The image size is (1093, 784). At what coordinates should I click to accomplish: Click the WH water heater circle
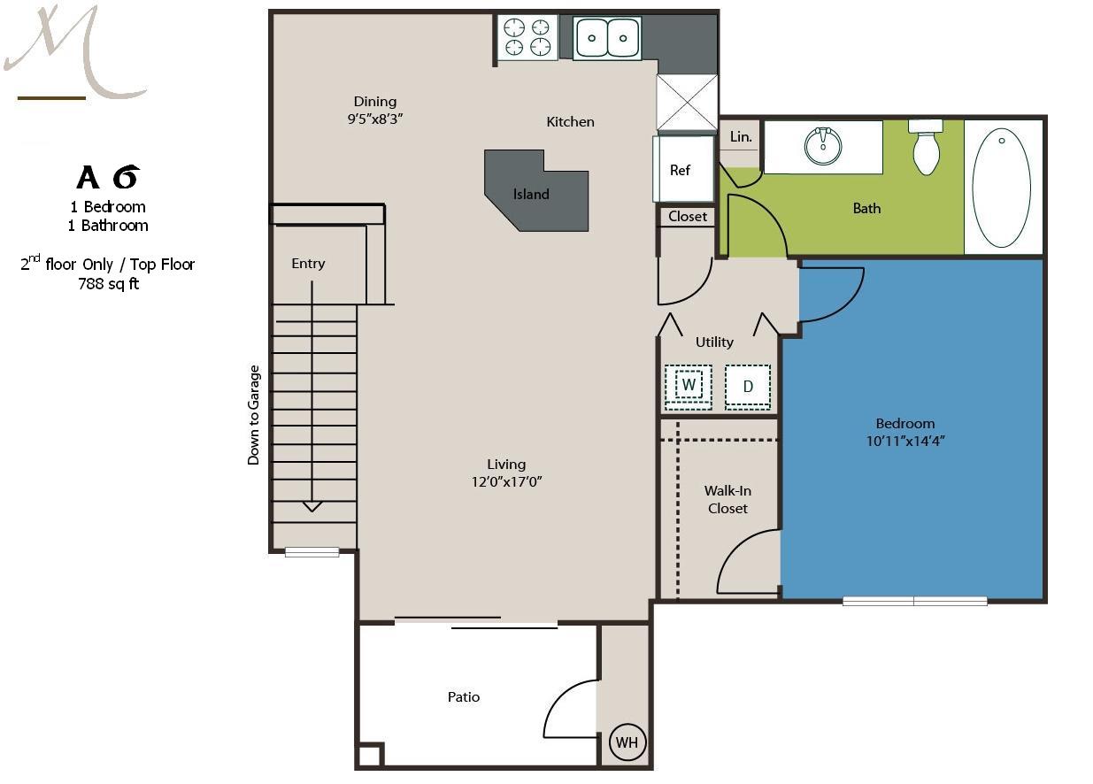[627, 742]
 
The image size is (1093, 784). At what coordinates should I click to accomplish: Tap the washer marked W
[688, 387]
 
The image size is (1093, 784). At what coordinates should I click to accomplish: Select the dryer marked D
[748, 387]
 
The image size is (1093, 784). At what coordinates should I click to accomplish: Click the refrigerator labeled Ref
[684, 169]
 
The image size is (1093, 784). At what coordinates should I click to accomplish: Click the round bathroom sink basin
[823, 145]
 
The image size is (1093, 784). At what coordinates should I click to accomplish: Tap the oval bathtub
[1002, 188]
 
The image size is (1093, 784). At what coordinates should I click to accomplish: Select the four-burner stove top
[527, 37]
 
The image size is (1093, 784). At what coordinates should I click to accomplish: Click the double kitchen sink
[607, 37]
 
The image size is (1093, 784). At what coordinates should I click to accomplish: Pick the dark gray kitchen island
[536, 191]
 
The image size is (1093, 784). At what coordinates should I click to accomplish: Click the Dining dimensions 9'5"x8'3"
[374, 119]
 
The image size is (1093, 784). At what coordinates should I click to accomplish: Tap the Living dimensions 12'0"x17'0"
[506, 482]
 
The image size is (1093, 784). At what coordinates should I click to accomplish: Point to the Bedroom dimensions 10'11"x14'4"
[905, 441]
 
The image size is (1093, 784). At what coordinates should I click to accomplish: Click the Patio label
[464, 696]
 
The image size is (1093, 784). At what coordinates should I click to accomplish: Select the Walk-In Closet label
[727, 500]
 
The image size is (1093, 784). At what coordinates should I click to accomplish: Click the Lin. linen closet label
[741, 136]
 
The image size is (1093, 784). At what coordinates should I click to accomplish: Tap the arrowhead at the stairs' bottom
[312, 506]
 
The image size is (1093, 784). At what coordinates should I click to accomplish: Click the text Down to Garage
[253, 415]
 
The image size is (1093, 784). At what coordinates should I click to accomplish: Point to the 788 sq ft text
[108, 283]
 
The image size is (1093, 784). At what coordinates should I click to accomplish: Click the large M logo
[74, 50]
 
